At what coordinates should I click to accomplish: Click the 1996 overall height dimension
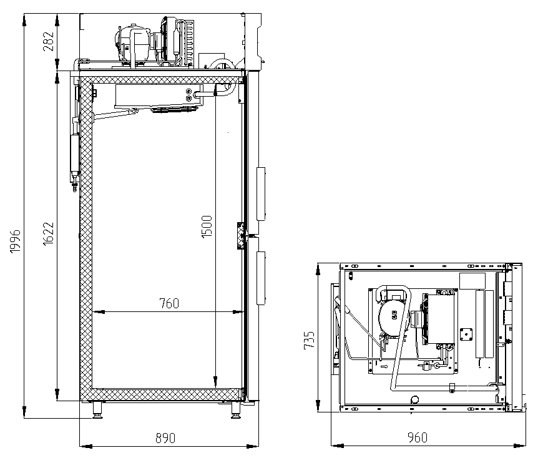pos(16,241)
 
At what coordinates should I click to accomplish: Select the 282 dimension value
pos(49,41)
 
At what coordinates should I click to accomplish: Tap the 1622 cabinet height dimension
pos(49,233)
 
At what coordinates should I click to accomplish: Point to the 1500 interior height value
pos(207,227)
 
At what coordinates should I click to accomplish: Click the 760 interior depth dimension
pos(169,303)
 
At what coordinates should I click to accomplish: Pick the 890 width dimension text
pos(166,438)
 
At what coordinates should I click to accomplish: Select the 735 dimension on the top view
pos(309,340)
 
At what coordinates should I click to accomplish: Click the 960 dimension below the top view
pos(418,437)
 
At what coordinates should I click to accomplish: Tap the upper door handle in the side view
pos(261,194)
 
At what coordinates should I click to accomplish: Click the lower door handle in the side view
pos(261,278)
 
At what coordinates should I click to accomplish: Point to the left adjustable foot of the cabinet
pos(97,409)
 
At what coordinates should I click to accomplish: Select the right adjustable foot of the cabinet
pos(236,409)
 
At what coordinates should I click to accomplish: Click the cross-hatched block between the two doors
pos(241,235)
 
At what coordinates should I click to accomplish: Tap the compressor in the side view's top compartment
pos(132,44)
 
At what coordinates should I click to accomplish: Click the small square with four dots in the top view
pos(466,334)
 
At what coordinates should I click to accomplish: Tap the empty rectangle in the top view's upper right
pos(472,281)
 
